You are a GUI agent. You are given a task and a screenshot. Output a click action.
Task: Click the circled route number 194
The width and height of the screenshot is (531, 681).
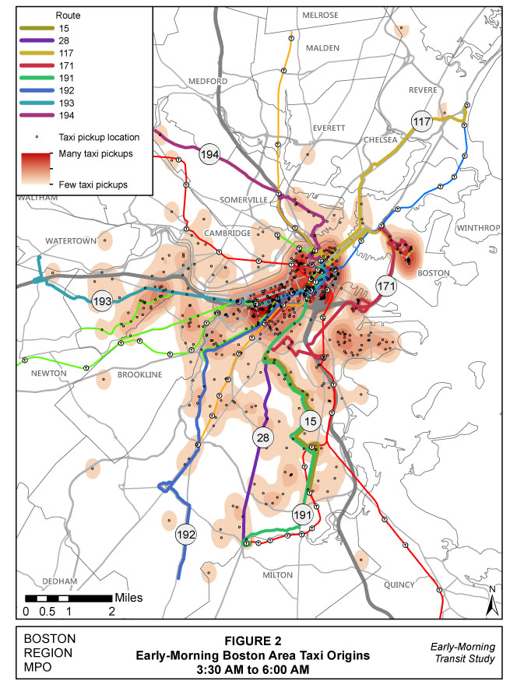click(209, 154)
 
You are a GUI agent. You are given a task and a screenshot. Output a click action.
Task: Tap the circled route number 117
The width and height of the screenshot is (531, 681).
click(422, 122)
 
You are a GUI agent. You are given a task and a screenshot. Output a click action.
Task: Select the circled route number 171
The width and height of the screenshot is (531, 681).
click(386, 286)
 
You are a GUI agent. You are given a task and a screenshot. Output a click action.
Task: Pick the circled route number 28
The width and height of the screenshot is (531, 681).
click(262, 438)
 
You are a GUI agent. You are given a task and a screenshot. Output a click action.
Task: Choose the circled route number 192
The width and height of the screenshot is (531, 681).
click(186, 534)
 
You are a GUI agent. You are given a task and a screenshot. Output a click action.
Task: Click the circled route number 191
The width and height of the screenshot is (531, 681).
click(303, 515)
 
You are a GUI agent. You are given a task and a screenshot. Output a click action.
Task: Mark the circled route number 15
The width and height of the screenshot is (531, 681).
click(311, 422)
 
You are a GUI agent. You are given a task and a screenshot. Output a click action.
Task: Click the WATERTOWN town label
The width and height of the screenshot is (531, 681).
click(70, 240)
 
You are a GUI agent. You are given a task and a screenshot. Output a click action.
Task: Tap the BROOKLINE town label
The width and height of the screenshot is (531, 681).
click(139, 374)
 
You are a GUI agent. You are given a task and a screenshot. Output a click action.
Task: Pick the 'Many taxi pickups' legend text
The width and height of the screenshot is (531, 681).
click(95, 154)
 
